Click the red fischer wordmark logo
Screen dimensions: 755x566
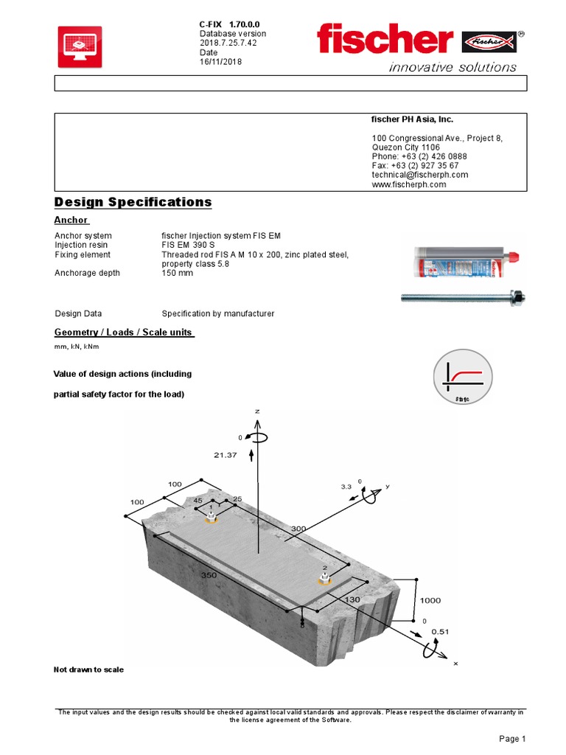(x=385, y=39)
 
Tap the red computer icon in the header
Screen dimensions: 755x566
(x=80, y=47)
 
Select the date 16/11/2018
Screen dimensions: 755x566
(x=220, y=62)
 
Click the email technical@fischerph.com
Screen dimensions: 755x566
(x=420, y=175)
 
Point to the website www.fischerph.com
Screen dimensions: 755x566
(x=409, y=184)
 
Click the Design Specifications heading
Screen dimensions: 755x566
(x=133, y=202)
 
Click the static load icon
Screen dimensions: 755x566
(x=461, y=378)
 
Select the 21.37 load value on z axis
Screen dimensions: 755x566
(x=226, y=455)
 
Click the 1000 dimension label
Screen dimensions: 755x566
(x=430, y=600)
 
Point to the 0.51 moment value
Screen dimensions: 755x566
(x=440, y=631)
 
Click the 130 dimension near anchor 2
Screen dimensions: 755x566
(x=352, y=599)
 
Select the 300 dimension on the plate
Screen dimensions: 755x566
(x=298, y=529)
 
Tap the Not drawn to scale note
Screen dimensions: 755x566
(x=88, y=669)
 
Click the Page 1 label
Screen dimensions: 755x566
(x=512, y=738)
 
